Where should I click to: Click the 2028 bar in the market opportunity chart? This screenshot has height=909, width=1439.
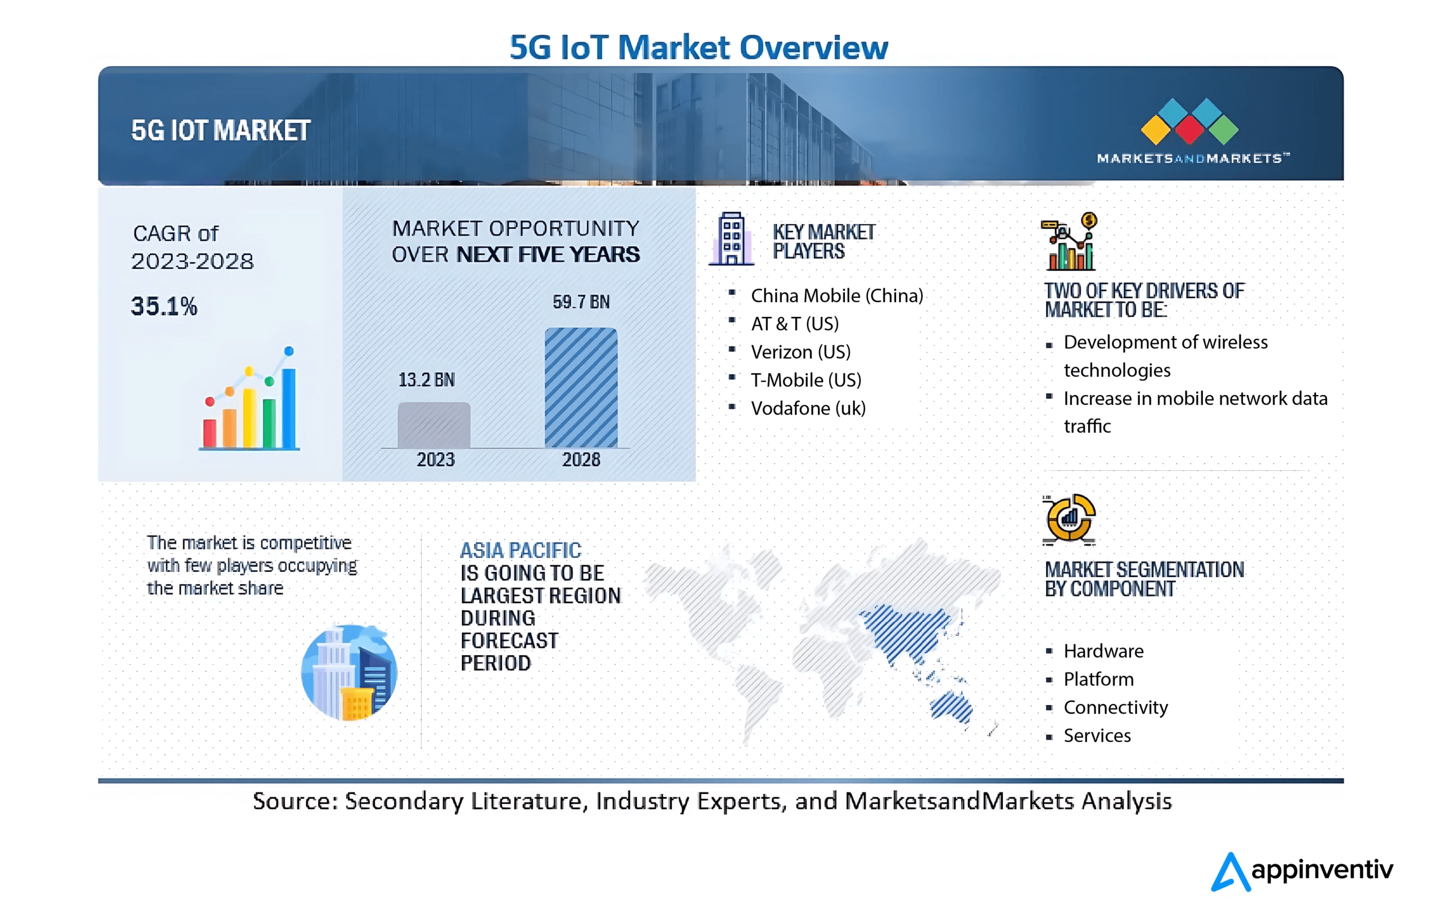click(x=581, y=388)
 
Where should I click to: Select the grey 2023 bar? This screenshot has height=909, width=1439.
click(x=434, y=425)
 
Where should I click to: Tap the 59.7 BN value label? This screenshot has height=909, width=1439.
click(x=581, y=302)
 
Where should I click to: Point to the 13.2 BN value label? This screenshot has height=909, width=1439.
click(x=427, y=380)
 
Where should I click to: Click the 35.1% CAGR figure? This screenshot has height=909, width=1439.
click(x=164, y=306)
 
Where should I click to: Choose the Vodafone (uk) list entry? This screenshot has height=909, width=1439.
click(x=808, y=408)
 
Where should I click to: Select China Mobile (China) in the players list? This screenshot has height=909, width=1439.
click(x=836, y=296)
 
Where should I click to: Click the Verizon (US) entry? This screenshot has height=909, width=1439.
click(x=801, y=352)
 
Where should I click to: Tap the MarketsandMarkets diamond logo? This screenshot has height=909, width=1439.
click(x=1189, y=122)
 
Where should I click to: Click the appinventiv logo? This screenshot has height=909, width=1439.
click(x=1303, y=871)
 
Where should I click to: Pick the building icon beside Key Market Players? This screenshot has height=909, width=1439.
click(x=731, y=239)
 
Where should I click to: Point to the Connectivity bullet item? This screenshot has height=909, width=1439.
click(x=1115, y=708)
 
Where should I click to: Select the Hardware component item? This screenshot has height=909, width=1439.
click(x=1103, y=651)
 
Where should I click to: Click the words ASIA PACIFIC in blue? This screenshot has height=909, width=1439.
click(x=521, y=550)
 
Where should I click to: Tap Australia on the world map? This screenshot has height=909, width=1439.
click(x=951, y=708)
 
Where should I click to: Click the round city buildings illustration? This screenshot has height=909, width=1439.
click(x=349, y=672)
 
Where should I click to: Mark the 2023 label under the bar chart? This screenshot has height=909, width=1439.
click(x=436, y=460)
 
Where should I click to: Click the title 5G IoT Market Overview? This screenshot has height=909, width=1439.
click(x=699, y=47)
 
